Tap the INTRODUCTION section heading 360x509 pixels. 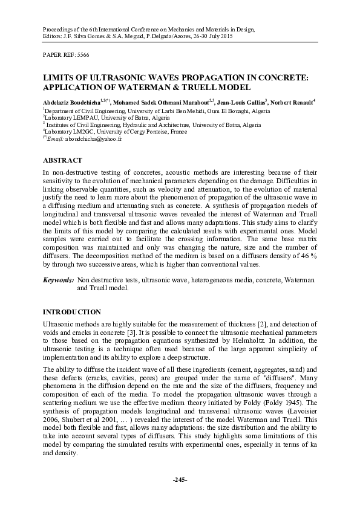[71, 312]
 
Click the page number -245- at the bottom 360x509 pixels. [180, 479]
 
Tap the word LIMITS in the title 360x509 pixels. [61, 78]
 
